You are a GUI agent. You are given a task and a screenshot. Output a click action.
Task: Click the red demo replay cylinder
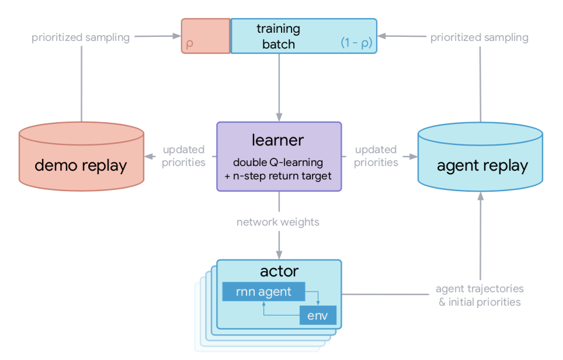[x=82, y=156]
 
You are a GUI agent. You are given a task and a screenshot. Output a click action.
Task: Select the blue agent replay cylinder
[x=481, y=157]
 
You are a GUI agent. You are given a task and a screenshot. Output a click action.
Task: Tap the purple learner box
[x=279, y=156]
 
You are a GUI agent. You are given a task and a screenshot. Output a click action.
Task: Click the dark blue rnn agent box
[x=263, y=292]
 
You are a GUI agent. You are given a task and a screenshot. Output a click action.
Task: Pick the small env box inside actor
[x=318, y=315]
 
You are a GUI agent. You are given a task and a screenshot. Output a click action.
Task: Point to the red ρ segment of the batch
[x=206, y=36]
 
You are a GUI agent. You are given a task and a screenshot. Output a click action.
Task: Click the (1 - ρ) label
[x=356, y=43]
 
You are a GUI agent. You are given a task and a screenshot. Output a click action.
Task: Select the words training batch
[x=278, y=36]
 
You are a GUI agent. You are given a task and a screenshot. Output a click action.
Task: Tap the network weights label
[x=278, y=222]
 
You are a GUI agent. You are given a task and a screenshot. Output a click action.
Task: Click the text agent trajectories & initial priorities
[x=479, y=295]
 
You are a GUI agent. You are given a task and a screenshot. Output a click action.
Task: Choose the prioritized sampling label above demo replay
[x=81, y=37]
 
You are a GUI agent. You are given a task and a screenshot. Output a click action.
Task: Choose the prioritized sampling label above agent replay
[x=479, y=37]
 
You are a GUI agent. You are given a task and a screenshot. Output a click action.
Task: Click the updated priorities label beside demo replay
[x=183, y=156]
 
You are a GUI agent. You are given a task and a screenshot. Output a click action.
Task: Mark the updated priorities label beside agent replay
[x=376, y=156]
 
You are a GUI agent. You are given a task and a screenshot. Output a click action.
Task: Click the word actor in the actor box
[x=279, y=271]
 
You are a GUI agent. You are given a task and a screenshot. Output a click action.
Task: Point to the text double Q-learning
[x=278, y=162]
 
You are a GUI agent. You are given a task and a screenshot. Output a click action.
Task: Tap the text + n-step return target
[x=278, y=176]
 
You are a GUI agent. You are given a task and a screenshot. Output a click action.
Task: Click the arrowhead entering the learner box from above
[x=279, y=117]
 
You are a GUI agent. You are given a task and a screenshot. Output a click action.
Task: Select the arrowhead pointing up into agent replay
[x=481, y=196]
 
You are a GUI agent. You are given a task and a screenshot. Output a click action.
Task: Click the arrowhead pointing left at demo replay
[x=150, y=156]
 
